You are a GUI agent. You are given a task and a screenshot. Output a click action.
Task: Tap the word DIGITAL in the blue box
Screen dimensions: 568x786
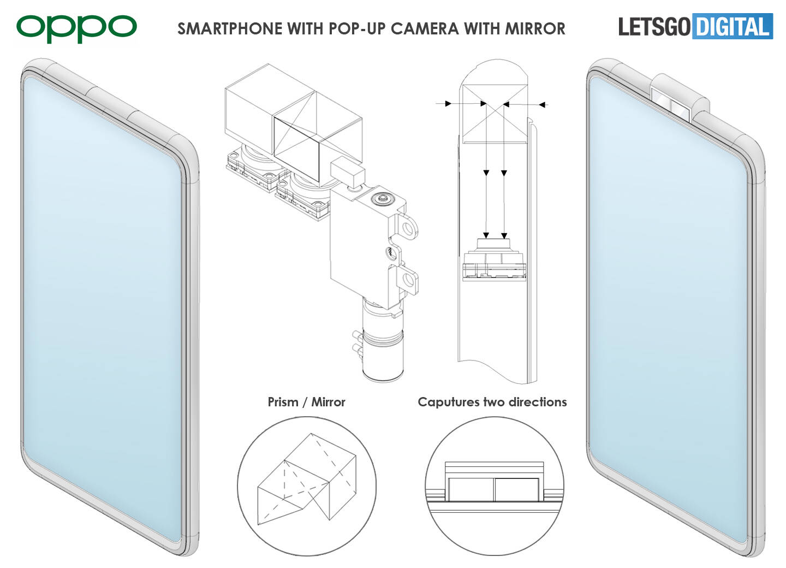click(732, 27)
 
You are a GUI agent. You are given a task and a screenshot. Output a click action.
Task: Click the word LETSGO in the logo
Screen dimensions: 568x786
click(654, 27)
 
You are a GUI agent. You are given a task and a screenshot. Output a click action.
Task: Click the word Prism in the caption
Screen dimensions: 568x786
click(283, 402)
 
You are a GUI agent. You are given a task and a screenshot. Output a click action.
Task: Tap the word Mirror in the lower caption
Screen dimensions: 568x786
click(328, 402)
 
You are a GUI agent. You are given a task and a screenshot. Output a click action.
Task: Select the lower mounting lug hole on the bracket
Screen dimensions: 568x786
click(408, 280)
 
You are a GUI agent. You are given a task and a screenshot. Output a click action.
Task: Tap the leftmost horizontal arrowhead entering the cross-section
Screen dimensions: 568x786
click(448, 103)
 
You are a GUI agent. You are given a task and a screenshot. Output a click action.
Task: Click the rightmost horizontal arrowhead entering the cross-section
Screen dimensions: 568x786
click(543, 104)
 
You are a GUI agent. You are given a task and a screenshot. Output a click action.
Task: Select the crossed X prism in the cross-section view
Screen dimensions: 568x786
click(495, 115)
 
